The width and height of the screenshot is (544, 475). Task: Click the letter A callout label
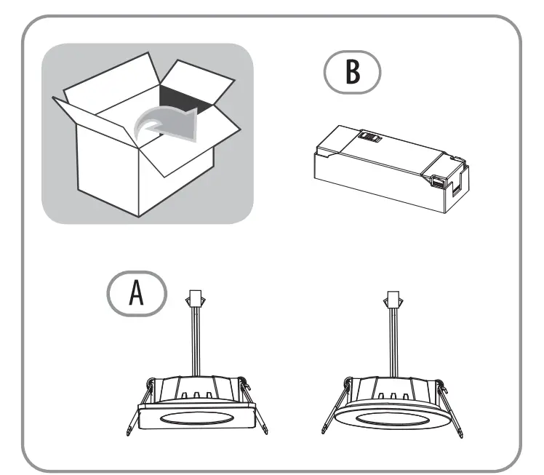click(136, 295)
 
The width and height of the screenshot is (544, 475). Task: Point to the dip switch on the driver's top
click(370, 135)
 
